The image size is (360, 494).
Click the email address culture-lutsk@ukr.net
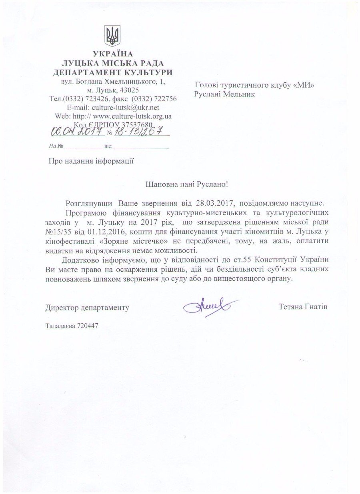[x=125, y=108]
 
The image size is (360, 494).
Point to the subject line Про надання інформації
[x=91, y=161]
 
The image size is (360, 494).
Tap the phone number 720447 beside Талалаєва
[x=88, y=325]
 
